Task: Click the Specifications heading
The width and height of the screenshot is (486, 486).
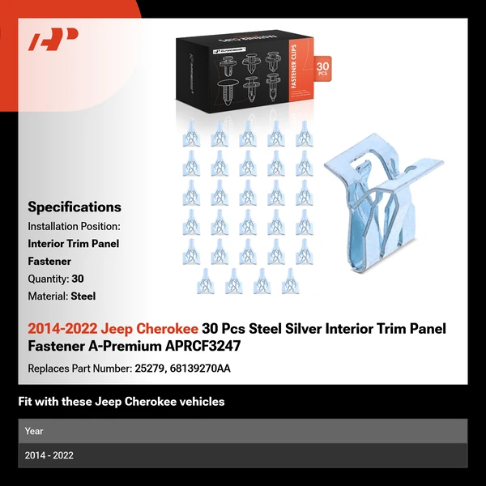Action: [x=75, y=207]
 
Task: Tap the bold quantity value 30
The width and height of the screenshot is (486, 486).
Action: [x=78, y=279]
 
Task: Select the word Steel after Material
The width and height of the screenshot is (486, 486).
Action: [x=83, y=296]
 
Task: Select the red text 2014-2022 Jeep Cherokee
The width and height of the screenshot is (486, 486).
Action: [x=113, y=329]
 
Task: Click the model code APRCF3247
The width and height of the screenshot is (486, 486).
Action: [x=199, y=346]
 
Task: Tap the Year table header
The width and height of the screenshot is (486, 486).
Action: [x=34, y=431]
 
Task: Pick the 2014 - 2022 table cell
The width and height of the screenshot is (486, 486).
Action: [x=49, y=455]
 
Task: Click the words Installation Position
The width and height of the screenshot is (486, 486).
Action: [x=74, y=226]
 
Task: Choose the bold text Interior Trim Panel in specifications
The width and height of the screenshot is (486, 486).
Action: [x=74, y=244]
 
